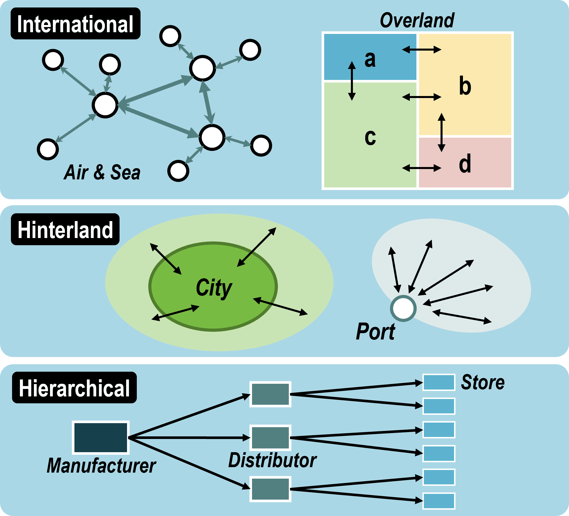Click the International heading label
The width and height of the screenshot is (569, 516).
(x=75, y=24)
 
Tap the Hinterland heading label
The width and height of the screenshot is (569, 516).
(x=65, y=229)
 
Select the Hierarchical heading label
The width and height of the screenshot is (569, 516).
(x=74, y=388)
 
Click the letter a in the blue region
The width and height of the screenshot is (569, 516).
(x=370, y=59)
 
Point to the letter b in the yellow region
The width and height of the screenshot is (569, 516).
(x=465, y=86)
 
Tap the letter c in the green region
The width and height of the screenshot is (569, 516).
(x=370, y=137)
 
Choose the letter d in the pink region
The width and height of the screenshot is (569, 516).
(x=465, y=164)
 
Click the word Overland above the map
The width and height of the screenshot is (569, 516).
(x=417, y=21)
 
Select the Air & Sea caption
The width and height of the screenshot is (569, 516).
(x=102, y=172)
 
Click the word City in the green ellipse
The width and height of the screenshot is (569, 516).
(x=214, y=288)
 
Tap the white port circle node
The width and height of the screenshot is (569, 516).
(x=403, y=308)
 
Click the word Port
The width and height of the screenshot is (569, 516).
(x=375, y=332)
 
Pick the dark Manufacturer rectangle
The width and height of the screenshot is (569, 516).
(x=101, y=438)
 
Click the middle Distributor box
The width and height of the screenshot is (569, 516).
(x=270, y=438)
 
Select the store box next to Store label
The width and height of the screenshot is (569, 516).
(x=439, y=382)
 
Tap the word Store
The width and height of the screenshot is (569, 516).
(x=483, y=383)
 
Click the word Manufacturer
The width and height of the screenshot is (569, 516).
(x=101, y=466)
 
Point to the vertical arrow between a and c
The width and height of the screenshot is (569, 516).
(x=352, y=81)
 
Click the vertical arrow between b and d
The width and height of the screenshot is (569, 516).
(x=442, y=133)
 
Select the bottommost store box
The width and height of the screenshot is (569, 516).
(x=439, y=501)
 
